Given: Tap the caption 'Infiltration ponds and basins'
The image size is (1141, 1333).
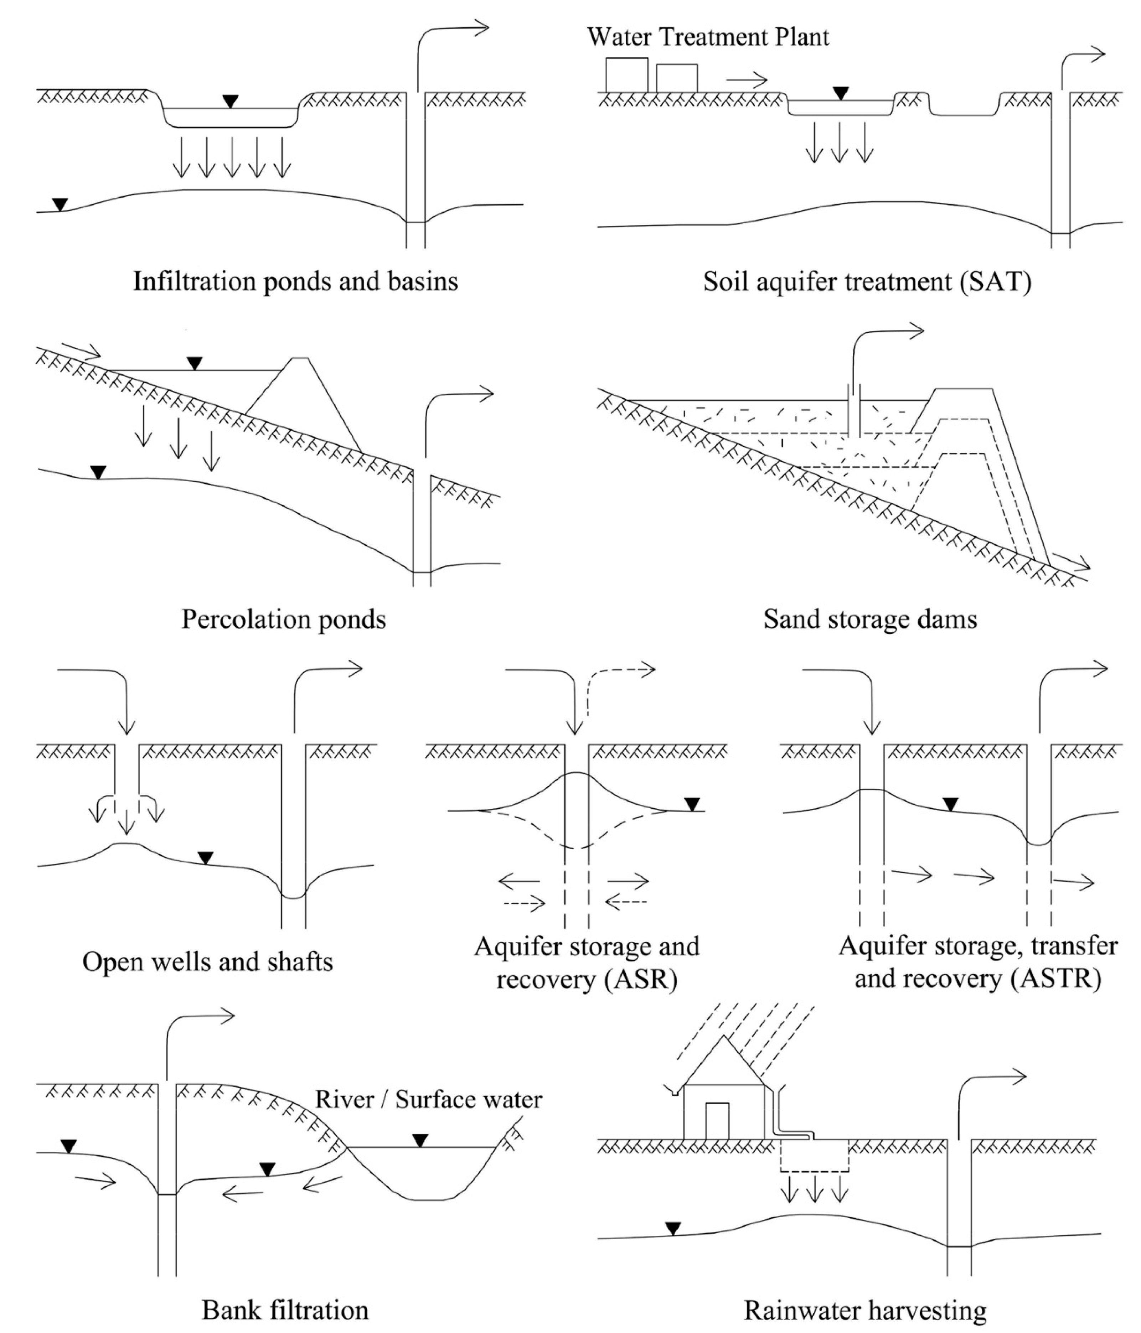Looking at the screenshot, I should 295,281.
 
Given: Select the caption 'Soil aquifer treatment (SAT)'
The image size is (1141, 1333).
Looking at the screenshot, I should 867,281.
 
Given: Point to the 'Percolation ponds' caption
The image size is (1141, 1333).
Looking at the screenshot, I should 284,619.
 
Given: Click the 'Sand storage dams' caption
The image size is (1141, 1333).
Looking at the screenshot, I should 870,619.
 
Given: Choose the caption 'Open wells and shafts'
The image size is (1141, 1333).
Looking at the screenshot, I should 207,961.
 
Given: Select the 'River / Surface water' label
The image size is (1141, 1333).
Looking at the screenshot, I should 428,1099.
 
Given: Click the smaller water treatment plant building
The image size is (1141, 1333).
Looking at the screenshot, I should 676,78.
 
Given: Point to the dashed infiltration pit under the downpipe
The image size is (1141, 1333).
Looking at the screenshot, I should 815,1156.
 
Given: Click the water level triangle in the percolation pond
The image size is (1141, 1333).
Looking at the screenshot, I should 194,363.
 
